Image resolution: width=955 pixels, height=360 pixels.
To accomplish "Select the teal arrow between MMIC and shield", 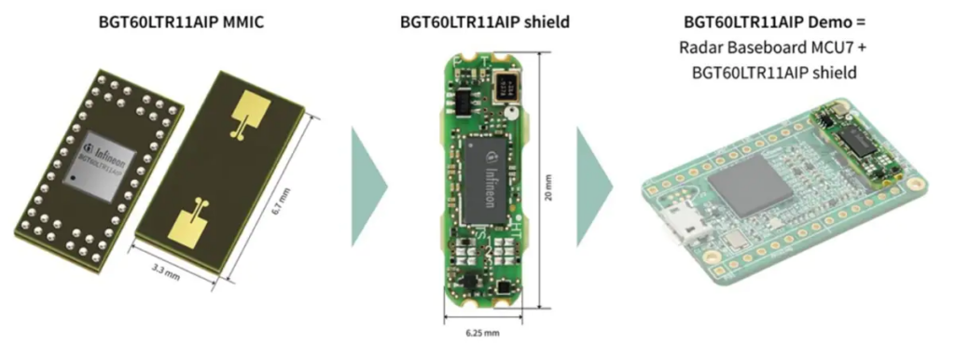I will click(x=368, y=187).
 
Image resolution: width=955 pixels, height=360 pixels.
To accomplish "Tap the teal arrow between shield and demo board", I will click(x=594, y=187).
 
